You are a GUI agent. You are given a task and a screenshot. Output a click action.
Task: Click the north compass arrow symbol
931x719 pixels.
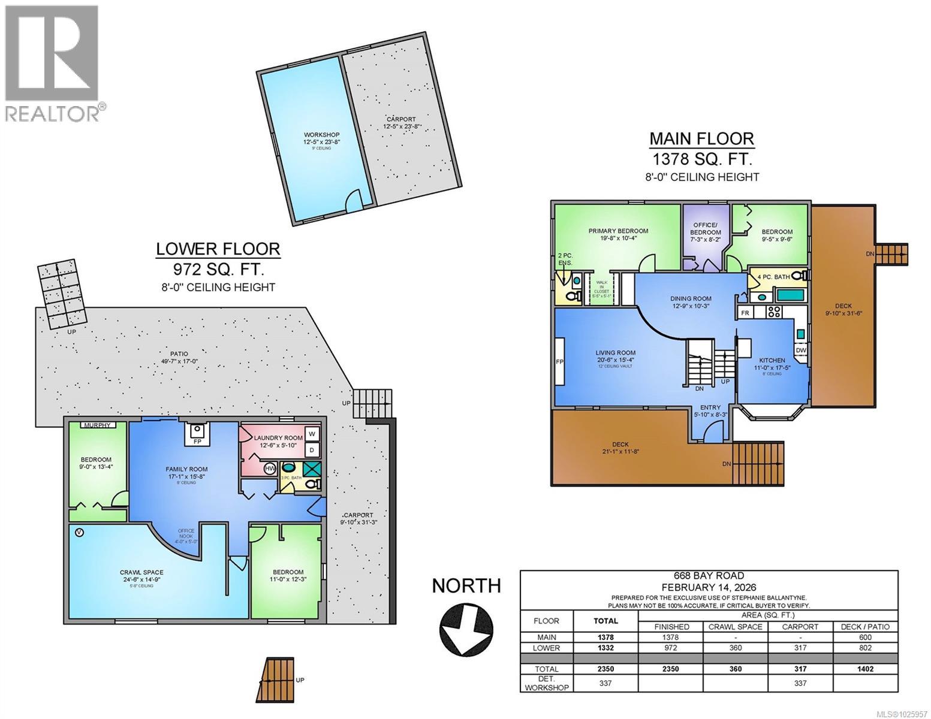[x=467, y=632]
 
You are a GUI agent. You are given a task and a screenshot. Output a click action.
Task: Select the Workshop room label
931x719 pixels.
[x=321, y=135]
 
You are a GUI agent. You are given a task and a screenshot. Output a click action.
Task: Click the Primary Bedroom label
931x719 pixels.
[x=617, y=231]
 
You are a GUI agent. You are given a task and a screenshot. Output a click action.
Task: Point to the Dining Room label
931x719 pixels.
[x=691, y=298]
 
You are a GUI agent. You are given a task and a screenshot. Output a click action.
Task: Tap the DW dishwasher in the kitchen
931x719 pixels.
[x=801, y=350]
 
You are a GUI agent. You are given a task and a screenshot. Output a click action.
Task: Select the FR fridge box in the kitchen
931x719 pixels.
[x=745, y=313]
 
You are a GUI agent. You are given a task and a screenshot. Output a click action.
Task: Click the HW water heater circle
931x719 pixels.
[x=252, y=468]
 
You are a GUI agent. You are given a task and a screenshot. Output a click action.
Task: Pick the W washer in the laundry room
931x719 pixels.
[x=312, y=433]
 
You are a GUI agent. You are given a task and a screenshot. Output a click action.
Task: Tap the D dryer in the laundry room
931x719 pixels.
[x=312, y=450]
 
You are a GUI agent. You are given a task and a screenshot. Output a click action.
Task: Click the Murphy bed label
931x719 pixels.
[x=98, y=425]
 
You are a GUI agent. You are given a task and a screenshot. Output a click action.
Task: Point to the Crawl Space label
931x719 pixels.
[x=141, y=573]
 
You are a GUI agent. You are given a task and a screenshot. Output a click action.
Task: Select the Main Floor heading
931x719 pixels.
[x=701, y=139]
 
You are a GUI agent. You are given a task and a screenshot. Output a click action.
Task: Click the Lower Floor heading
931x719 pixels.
[x=218, y=249]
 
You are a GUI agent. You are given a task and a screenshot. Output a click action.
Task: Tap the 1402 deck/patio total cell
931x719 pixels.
[x=865, y=669]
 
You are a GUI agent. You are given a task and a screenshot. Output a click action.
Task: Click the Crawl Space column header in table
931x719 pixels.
[x=735, y=627]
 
